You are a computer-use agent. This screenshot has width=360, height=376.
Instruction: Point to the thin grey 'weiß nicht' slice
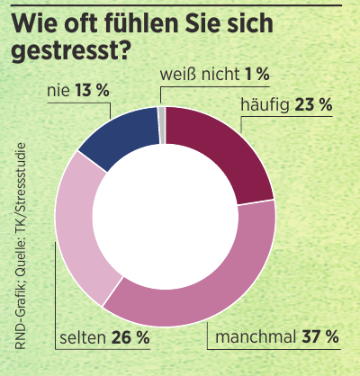[162, 112]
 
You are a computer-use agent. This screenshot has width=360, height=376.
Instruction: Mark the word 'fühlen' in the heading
[152, 20]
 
